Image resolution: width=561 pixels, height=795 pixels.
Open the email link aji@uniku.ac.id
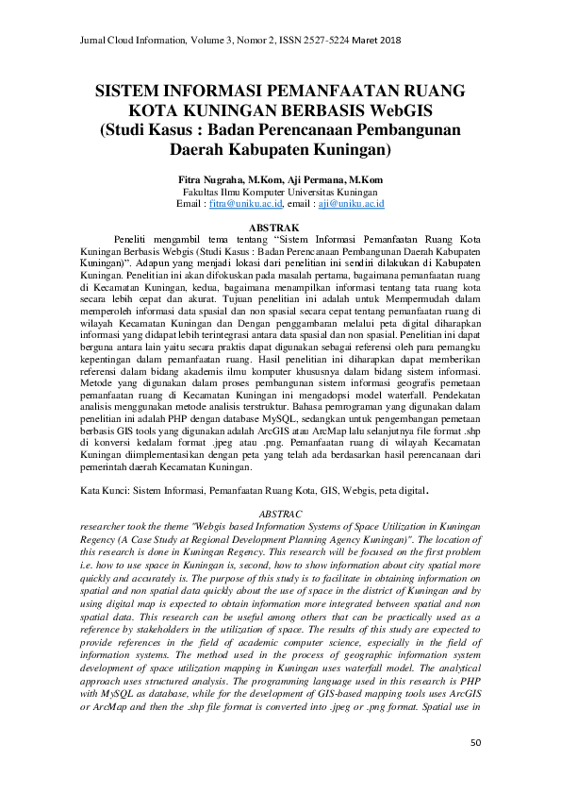358,203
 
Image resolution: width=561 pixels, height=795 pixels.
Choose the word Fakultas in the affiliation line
202,191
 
